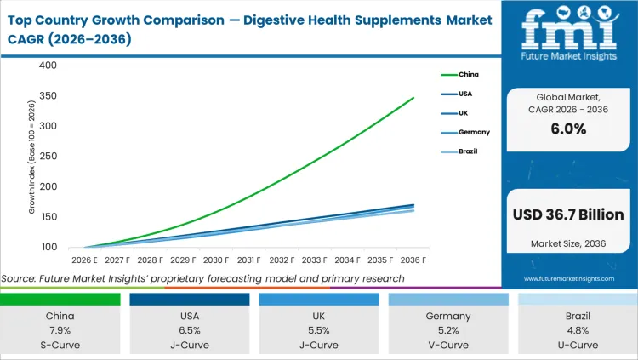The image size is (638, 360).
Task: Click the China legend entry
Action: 467,74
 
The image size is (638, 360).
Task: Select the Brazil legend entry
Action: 468,152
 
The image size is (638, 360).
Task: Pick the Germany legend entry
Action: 473,133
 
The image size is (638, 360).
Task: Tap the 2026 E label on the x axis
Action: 83,260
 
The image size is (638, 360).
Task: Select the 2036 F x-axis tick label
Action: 413,260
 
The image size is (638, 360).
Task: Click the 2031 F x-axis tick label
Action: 248,260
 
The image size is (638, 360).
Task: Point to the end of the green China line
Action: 414,98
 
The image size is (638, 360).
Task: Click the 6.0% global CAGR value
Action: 567,129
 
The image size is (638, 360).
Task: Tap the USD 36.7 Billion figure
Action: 567,214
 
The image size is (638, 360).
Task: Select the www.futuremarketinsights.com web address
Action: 567,278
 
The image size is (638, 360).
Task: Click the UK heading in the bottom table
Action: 318,315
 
